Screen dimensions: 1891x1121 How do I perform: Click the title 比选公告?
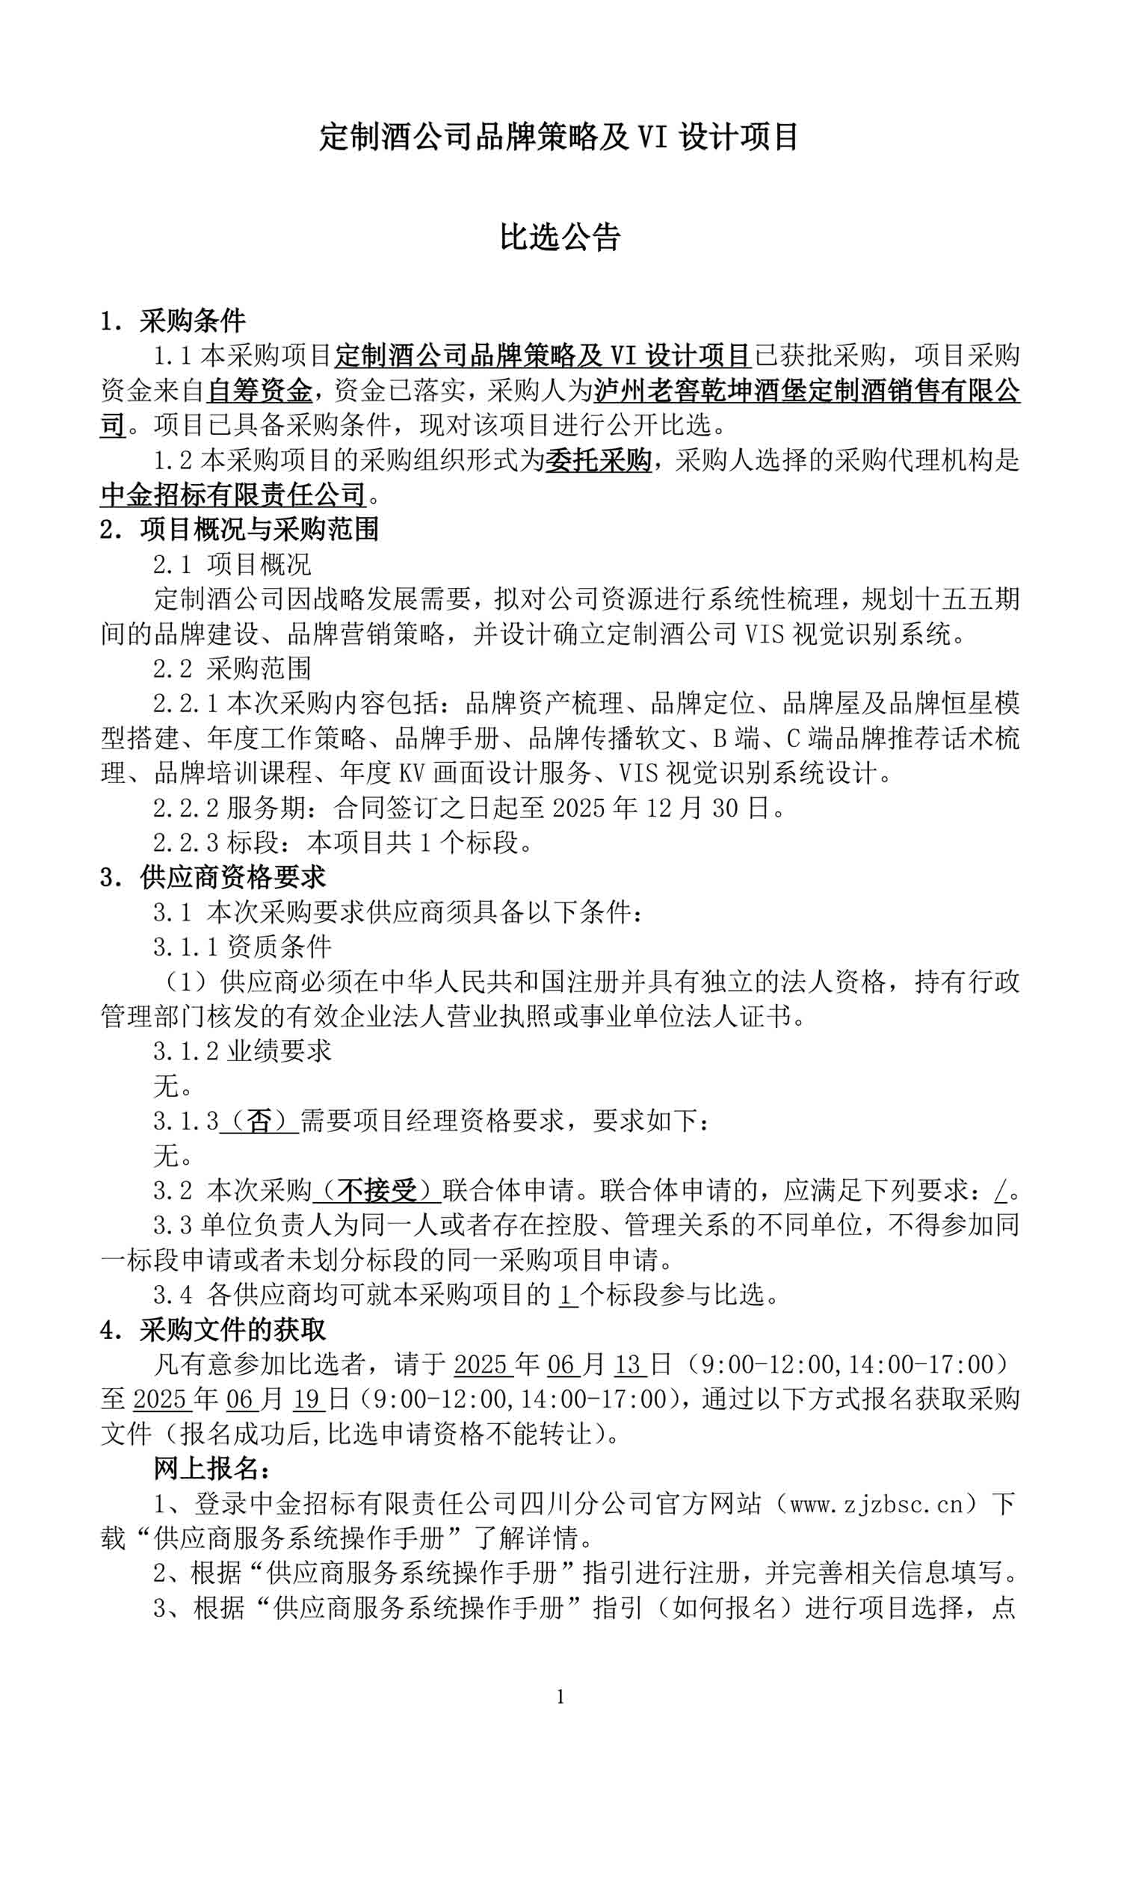pos(560,237)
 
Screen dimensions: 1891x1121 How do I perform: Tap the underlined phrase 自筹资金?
pos(259,391)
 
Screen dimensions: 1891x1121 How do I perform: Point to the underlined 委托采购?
pos(599,460)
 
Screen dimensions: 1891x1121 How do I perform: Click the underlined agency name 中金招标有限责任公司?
pos(233,495)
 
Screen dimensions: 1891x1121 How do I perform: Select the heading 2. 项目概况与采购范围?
pos(238,530)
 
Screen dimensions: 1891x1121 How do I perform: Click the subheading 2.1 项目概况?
pos(231,564)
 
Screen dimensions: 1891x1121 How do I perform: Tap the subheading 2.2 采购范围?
pos(231,669)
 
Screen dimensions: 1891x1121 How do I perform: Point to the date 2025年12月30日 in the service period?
pos(661,808)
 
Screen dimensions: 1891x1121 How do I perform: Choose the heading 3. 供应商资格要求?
pos(212,877)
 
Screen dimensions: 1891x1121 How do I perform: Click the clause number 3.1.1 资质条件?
pos(241,947)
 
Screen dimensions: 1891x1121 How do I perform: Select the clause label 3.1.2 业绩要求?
pos(241,1050)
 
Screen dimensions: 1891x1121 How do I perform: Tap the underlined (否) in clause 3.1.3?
pos(259,1121)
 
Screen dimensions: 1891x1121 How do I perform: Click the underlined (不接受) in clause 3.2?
pos(377,1191)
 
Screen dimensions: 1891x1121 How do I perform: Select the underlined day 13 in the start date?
pos(629,1364)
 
